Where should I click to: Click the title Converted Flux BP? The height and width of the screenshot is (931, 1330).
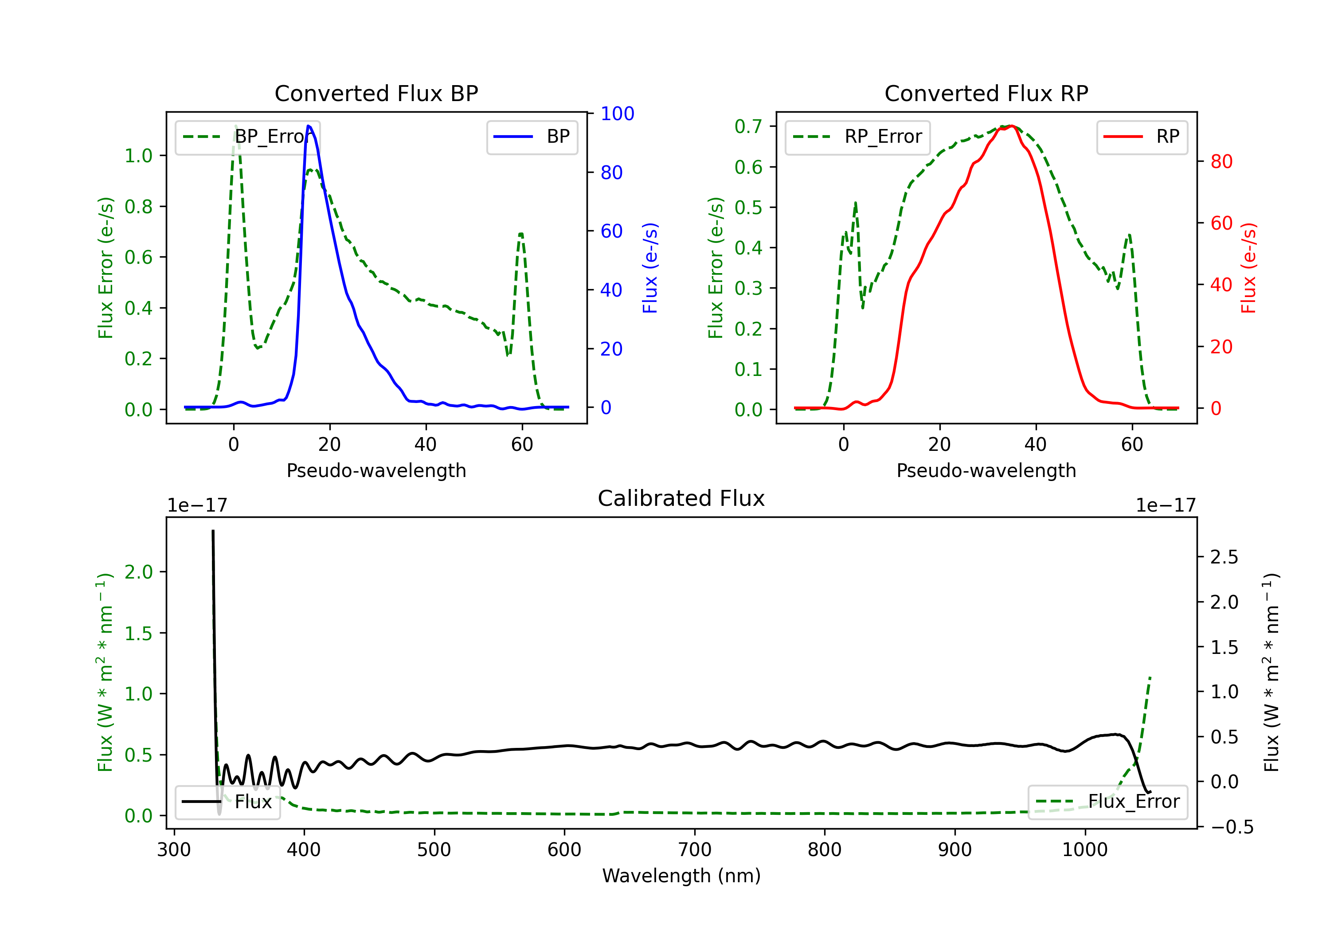tap(376, 93)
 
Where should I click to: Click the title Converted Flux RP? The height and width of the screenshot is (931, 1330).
tap(986, 93)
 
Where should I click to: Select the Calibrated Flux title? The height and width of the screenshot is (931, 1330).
tap(681, 498)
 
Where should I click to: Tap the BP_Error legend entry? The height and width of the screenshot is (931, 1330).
tap(248, 137)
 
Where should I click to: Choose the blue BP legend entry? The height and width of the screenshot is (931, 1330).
tap(532, 137)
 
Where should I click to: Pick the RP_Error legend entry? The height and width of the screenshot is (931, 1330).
tap(857, 137)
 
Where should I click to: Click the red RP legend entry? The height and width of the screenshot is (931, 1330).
tap(1142, 137)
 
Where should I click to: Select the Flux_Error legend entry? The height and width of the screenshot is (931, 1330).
tap(1107, 802)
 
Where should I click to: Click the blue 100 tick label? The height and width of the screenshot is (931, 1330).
tap(618, 113)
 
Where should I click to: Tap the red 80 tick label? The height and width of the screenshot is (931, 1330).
tap(1221, 162)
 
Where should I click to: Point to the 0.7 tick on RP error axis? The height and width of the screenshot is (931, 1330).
tap(748, 126)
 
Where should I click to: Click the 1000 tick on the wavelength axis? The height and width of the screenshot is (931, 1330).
tap(1084, 850)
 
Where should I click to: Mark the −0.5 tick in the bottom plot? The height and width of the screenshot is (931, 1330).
tap(1232, 827)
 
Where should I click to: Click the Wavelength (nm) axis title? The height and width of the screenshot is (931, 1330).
tap(681, 876)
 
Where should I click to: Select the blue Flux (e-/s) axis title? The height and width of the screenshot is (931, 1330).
tap(650, 268)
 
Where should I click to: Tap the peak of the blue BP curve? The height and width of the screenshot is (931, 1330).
tap(309, 126)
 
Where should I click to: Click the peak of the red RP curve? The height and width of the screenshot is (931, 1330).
tap(1011, 126)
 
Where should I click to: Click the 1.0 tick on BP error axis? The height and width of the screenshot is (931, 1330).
tap(138, 156)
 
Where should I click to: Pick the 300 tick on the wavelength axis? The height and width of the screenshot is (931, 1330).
tap(174, 850)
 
